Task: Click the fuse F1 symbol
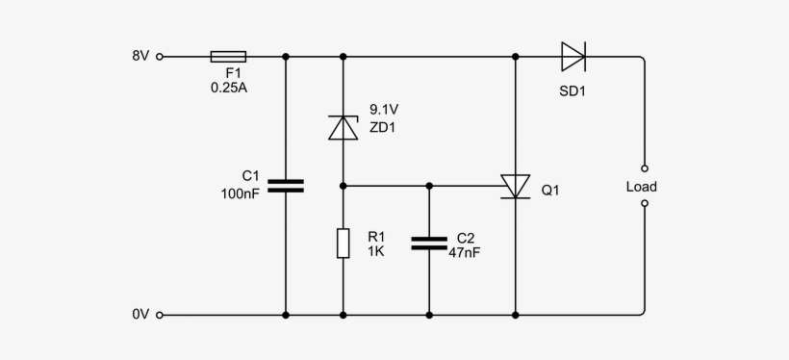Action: (x=227, y=57)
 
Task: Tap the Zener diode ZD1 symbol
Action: (x=344, y=127)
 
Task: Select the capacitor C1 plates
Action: (x=286, y=185)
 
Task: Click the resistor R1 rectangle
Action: (x=344, y=244)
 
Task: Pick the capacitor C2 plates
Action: (x=429, y=243)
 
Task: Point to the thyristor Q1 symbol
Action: (x=516, y=186)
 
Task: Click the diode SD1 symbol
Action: (x=573, y=57)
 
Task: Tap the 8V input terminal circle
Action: (x=160, y=57)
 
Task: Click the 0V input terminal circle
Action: (x=160, y=315)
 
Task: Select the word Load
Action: (x=641, y=187)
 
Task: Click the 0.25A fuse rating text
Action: (x=228, y=88)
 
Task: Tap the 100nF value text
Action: (x=241, y=193)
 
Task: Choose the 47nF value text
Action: (x=465, y=252)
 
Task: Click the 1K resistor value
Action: (x=374, y=251)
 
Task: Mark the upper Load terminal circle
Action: (x=645, y=167)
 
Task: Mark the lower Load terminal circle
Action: (x=645, y=203)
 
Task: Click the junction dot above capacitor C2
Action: (x=429, y=186)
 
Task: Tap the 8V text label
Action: (x=140, y=57)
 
